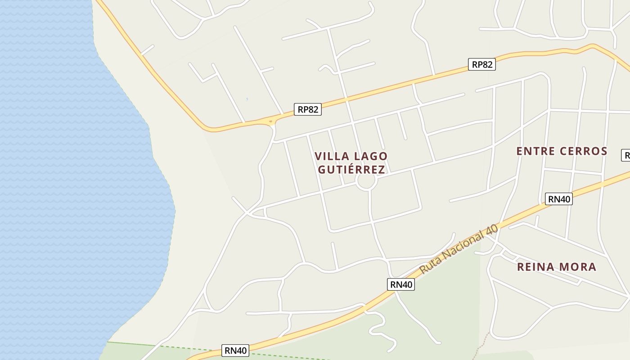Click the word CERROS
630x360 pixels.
(x=584, y=151)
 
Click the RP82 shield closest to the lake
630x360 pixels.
(x=308, y=109)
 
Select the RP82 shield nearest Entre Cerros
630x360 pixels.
(x=481, y=64)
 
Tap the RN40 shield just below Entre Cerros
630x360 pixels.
(x=558, y=199)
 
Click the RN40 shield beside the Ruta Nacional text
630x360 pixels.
(x=400, y=284)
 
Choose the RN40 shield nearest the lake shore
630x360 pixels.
(x=236, y=351)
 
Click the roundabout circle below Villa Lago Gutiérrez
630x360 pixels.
(x=366, y=182)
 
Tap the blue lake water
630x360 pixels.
(x=67, y=180)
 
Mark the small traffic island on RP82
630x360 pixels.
(x=270, y=121)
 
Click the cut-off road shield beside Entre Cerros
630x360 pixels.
(x=626, y=155)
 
